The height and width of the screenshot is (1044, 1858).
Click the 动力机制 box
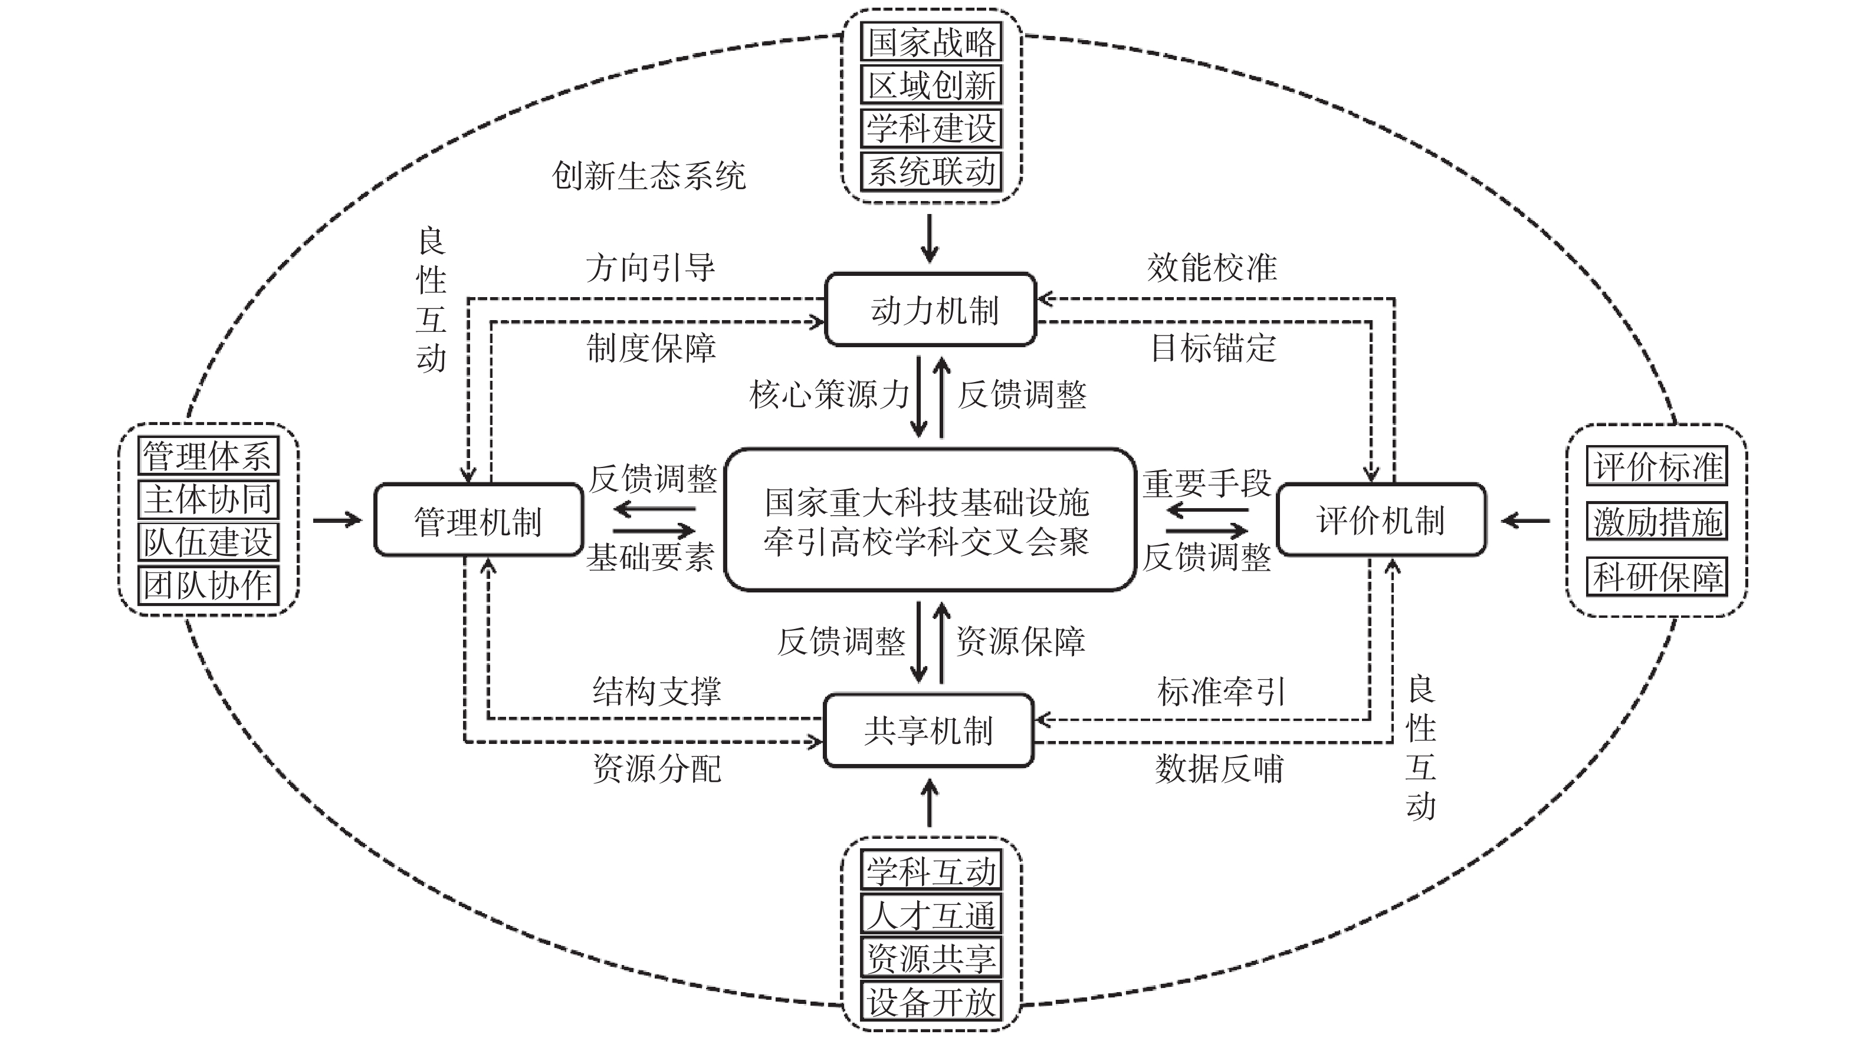[x=930, y=310]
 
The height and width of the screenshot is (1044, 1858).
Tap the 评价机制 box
[x=1380, y=520]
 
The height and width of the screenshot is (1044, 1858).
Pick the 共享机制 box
[x=928, y=730]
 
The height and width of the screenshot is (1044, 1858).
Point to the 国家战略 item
[x=931, y=42]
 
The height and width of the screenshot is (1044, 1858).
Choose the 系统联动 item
[x=931, y=172]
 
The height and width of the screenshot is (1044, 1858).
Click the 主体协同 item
[x=208, y=499]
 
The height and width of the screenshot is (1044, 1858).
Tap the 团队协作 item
[x=208, y=585]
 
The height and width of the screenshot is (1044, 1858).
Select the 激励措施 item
[x=1657, y=521]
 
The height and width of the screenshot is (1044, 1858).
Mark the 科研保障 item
[x=1657, y=577]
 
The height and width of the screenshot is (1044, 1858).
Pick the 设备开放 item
[x=931, y=1002]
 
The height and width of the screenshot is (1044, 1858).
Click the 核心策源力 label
[x=829, y=394]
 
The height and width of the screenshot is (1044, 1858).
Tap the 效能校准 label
[x=1212, y=268]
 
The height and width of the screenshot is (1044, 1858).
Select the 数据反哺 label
[x=1219, y=769]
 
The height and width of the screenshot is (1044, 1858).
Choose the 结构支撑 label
[x=656, y=691]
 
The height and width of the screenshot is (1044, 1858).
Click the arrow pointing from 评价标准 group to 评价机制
[x=1525, y=520]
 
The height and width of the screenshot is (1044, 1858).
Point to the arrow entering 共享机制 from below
[x=930, y=802]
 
